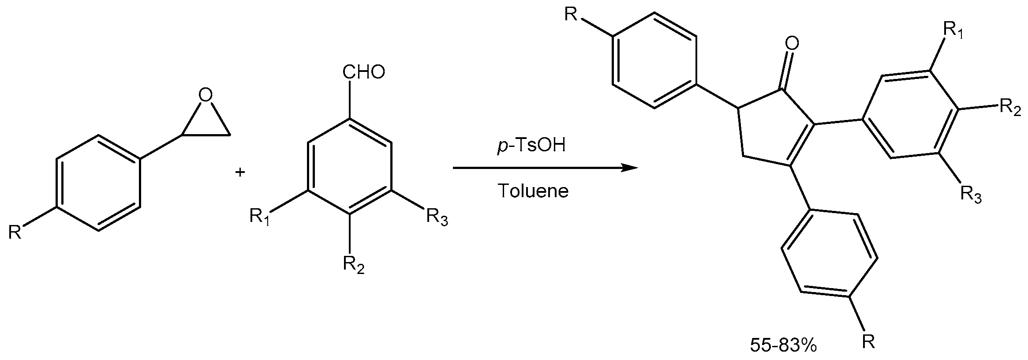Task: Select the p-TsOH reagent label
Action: click(x=531, y=146)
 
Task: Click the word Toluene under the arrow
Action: click(x=533, y=191)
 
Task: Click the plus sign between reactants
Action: click(x=240, y=172)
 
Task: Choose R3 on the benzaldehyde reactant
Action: click(x=437, y=218)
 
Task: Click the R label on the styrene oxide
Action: click(x=15, y=232)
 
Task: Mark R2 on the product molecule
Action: click(x=1010, y=108)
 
